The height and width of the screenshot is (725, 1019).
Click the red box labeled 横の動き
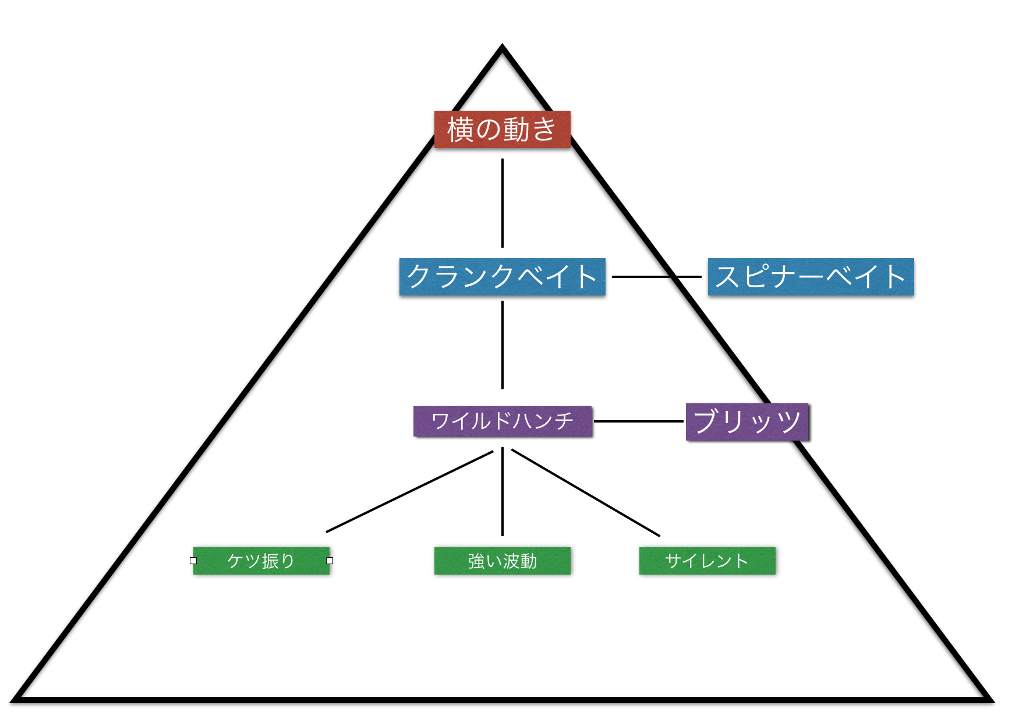pyautogui.click(x=502, y=129)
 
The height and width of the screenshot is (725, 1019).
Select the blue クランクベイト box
pyautogui.click(x=502, y=276)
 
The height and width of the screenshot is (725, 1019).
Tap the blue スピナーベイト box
pyautogui.click(x=811, y=276)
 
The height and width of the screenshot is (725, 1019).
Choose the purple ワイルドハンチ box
pyautogui.click(x=502, y=421)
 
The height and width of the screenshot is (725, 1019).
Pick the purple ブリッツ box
pyautogui.click(x=747, y=421)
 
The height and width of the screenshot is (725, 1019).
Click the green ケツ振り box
pyautogui.click(x=261, y=561)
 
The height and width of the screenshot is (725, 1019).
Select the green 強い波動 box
pyautogui.click(x=502, y=561)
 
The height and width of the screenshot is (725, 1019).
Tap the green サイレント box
pyautogui.click(x=707, y=561)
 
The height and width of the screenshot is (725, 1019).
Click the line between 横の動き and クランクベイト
pyautogui.click(x=502, y=203)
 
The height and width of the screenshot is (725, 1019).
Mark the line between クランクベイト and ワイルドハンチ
pyautogui.click(x=502, y=345)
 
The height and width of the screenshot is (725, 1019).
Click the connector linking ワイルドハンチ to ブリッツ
pyautogui.click(x=638, y=421)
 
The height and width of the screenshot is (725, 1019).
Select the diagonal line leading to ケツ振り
pyautogui.click(x=409, y=491)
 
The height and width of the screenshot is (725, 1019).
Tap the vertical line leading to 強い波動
pyautogui.click(x=502, y=492)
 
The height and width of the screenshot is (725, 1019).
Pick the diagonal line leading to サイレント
pyautogui.click(x=585, y=492)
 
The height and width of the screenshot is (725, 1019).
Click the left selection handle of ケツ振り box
pyautogui.click(x=193, y=561)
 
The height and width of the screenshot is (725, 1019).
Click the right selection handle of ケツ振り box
pyautogui.click(x=330, y=561)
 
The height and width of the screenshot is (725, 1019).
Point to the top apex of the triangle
pyautogui.click(x=502, y=48)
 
